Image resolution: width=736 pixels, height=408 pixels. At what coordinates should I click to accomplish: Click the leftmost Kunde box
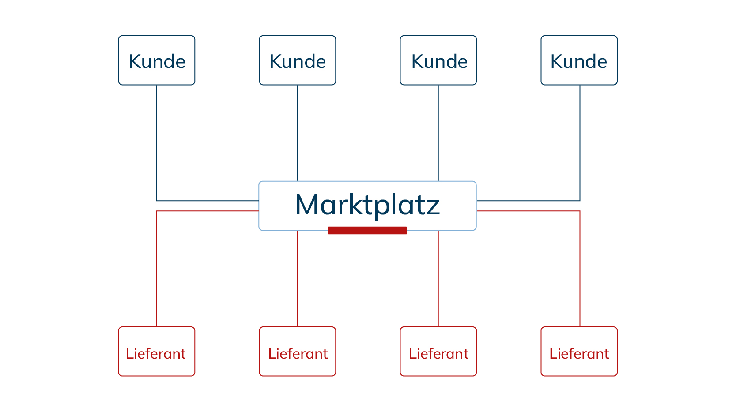(156, 60)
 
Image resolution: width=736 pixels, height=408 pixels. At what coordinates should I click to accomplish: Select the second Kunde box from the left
(297, 60)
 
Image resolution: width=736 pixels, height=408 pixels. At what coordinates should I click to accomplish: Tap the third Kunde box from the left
(438, 60)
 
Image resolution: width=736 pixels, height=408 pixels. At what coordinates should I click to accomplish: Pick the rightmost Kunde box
(579, 60)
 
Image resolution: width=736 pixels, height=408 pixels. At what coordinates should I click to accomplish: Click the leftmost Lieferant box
(156, 351)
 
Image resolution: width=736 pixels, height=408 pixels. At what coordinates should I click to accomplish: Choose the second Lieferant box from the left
(297, 351)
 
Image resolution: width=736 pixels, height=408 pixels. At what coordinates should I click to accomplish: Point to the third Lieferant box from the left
(438, 351)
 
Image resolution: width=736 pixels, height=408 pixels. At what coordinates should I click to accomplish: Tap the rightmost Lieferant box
(579, 351)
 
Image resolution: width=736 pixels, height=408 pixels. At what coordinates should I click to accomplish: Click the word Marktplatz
(367, 206)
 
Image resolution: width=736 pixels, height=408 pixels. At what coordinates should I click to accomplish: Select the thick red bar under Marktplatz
(367, 230)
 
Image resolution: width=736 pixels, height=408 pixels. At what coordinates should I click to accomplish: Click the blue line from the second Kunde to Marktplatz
(297, 133)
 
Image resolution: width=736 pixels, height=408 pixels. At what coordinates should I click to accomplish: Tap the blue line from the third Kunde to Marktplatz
(438, 133)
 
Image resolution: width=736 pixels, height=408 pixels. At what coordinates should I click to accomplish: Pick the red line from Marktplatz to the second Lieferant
(297, 279)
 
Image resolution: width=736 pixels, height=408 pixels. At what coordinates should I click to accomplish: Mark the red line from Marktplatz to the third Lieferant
(438, 279)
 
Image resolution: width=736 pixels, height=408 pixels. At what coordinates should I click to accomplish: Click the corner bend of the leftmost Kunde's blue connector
(157, 201)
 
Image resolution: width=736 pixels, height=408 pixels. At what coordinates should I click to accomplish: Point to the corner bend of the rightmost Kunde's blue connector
(580, 201)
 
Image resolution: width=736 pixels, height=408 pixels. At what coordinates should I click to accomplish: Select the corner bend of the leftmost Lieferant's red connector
(157, 211)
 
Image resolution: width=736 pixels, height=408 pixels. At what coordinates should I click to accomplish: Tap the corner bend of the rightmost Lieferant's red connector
(580, 211)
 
